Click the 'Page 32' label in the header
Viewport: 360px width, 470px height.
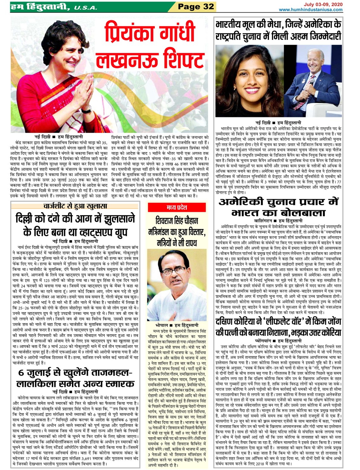point(196,7)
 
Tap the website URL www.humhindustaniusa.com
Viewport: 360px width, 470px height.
point(311,10)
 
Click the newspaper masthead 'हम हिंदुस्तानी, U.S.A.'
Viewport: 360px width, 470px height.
point(54,7)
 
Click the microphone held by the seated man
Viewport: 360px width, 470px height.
point(312,82)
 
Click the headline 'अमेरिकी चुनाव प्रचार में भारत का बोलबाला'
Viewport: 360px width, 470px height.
point(278,207)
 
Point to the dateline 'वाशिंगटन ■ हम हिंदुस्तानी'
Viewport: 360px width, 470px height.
point(278,221)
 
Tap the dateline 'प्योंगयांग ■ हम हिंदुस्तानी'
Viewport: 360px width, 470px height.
point(278,341)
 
